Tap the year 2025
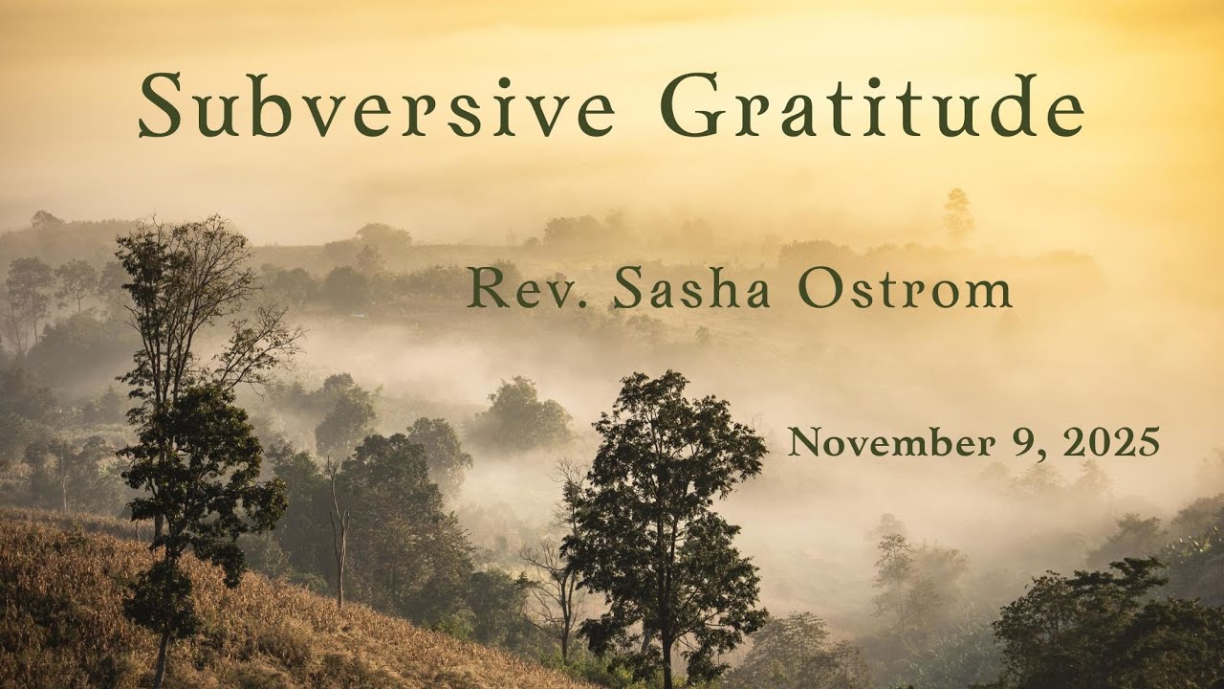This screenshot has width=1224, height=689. [1110, 443]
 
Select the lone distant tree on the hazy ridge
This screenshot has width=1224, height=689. [957, 212]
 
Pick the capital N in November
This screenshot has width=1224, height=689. [804, 443]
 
